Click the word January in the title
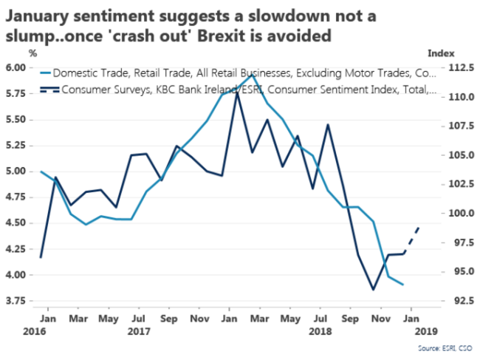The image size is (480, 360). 44,13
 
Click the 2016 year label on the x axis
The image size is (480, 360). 15,332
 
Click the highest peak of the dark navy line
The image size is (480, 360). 237,95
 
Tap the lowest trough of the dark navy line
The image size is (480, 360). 372,290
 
